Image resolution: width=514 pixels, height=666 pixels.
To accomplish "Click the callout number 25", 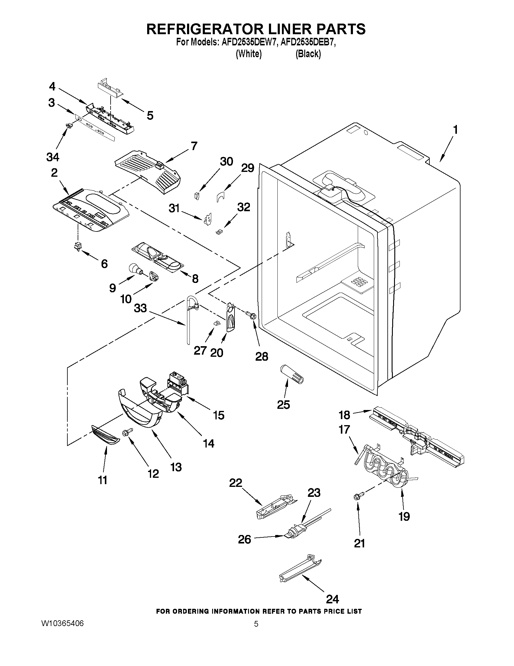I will tap(283, 405).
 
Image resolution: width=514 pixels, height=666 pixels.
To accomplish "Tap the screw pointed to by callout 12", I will tap(127, 433).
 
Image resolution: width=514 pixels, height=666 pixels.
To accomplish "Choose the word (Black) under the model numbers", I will tap(308, 54).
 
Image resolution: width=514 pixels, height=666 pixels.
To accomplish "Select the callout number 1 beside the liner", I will tap(455, 130).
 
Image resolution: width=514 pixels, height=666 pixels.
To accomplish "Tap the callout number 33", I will tap(141, 308).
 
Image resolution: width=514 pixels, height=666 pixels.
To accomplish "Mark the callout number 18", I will tap(344, 415).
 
